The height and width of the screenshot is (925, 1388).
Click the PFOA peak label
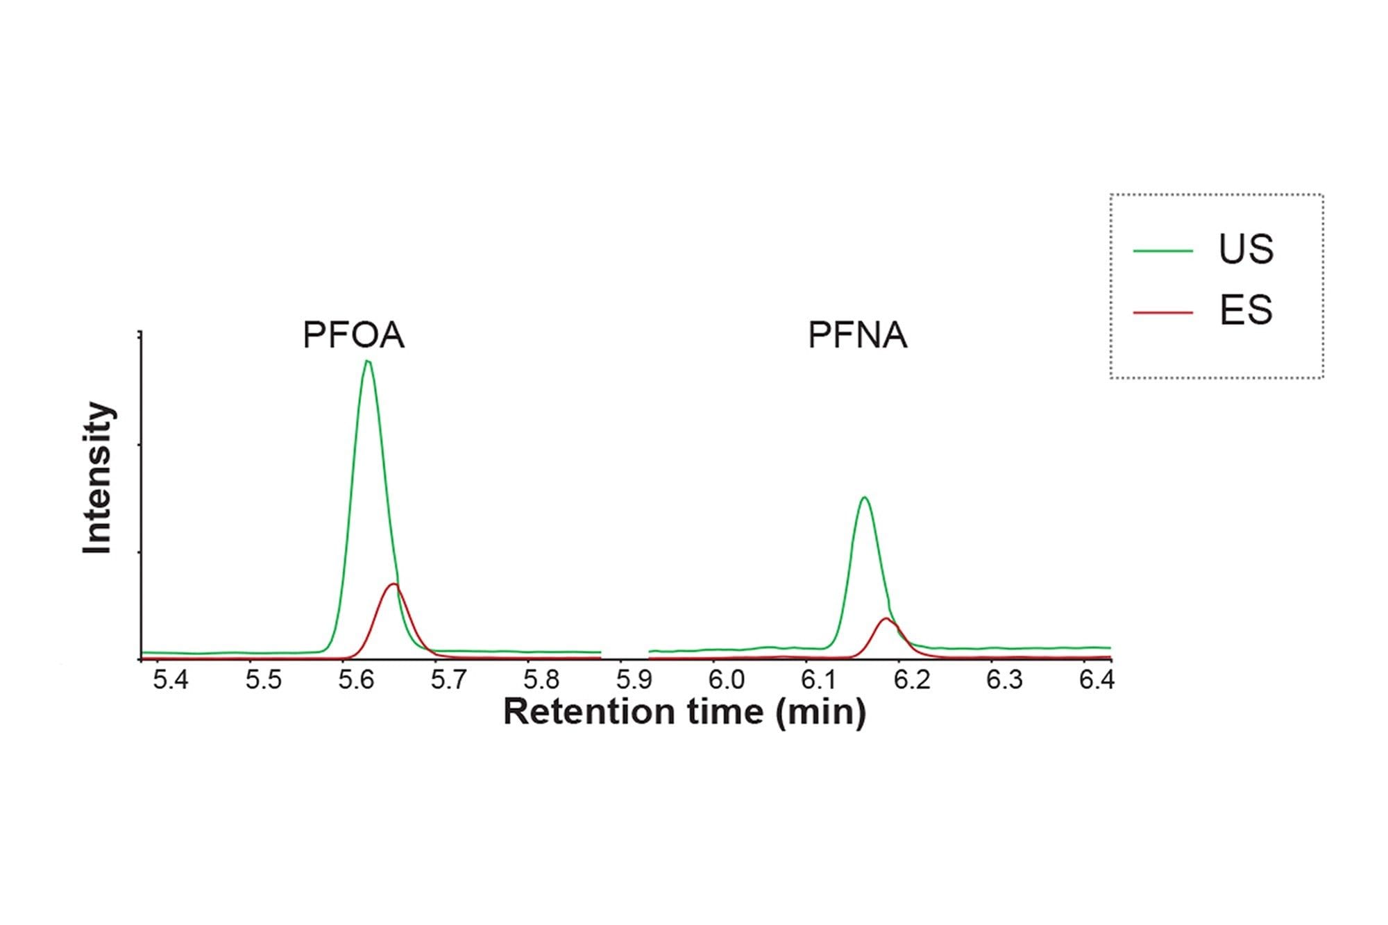353,335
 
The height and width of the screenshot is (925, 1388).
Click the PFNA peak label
857,335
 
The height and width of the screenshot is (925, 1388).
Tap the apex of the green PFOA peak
367,361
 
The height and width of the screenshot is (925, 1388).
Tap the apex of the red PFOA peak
393,584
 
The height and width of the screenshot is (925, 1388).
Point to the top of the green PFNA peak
864,498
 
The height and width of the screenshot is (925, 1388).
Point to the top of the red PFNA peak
886,618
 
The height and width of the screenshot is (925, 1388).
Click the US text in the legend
1246,249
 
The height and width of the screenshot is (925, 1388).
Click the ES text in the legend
1246,310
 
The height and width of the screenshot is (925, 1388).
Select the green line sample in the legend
1162,251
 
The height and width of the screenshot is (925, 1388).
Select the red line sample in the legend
1162,312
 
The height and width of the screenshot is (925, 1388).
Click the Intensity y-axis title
97,478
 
